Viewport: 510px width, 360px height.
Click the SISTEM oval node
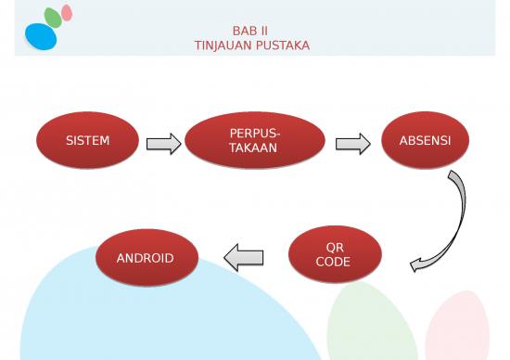pos(87,141)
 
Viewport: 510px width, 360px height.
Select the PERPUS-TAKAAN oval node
pos(254,142)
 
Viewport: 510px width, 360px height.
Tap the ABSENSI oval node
pos(425,141)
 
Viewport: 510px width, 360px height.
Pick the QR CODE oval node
pos(335,255)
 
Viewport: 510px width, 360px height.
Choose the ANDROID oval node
pos(146,257)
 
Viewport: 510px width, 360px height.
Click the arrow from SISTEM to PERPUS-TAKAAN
pos(163,143)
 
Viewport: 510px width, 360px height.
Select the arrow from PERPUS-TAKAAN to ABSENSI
pos(352,143)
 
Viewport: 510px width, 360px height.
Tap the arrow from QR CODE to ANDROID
pos(244,257)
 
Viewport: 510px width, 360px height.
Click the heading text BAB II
pos(250,30)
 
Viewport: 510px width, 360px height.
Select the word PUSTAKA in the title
pos(284,44)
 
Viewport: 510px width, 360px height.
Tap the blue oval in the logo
pos(41,36)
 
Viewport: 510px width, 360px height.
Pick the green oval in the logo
pos(53,17)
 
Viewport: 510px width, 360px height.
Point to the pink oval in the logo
pos(67,12)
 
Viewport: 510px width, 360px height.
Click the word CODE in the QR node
pos(334,262)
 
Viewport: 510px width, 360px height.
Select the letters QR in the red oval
pos(335,248)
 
